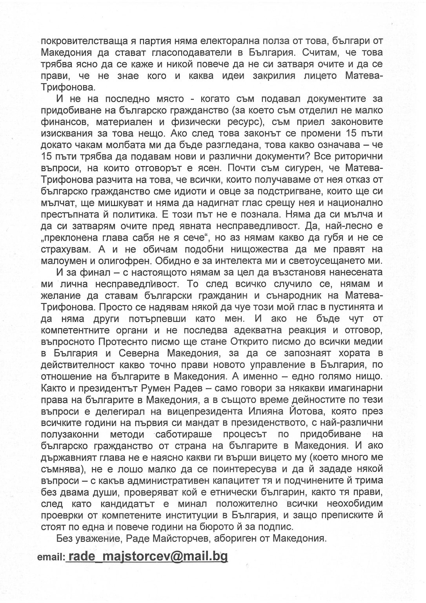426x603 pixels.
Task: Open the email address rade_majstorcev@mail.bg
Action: tap(147, 556)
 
